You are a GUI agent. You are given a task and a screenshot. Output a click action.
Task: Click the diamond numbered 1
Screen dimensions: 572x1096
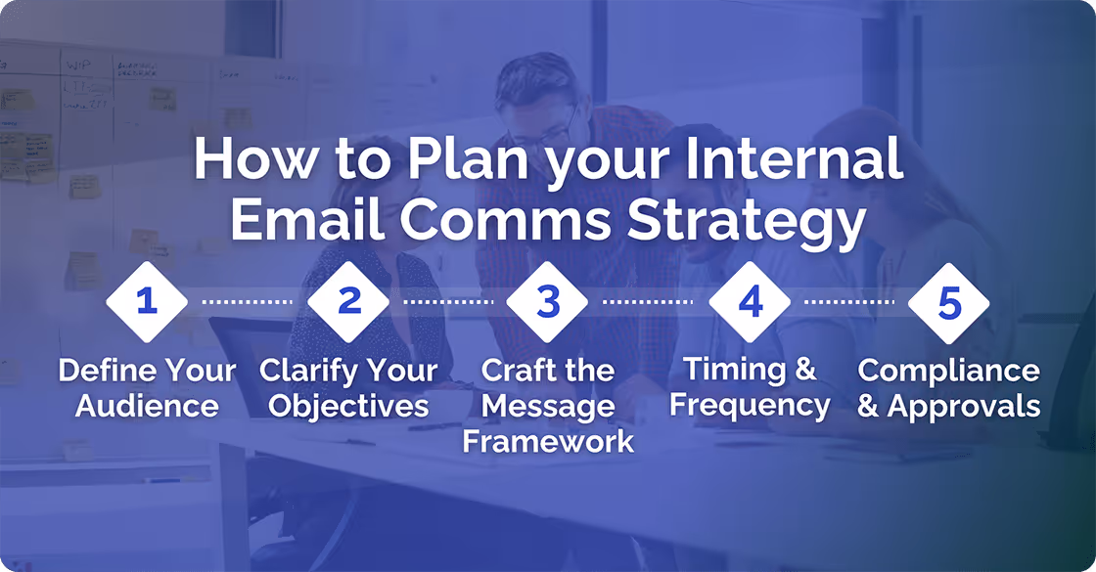(147, 301)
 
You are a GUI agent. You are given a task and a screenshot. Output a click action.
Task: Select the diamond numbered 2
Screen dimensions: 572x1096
(349, 301)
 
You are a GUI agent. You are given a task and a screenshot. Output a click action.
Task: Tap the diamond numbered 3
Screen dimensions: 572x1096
(548, 301)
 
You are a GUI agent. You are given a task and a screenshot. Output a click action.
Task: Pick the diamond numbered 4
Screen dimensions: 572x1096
(750, 301)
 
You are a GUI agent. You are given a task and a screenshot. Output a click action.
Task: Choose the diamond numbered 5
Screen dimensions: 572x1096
(949, 301)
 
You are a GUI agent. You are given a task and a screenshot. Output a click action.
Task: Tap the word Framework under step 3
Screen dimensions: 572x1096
(548, 441)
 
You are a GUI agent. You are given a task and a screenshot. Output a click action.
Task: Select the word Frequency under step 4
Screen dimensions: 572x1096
(750, 404)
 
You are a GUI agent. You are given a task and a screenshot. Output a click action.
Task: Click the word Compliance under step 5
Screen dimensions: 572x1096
(949, 372)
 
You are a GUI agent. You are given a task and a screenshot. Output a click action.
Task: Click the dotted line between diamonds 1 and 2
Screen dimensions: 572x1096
(248, 301)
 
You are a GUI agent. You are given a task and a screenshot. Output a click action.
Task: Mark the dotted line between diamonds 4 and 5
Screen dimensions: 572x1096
(849, 301)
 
